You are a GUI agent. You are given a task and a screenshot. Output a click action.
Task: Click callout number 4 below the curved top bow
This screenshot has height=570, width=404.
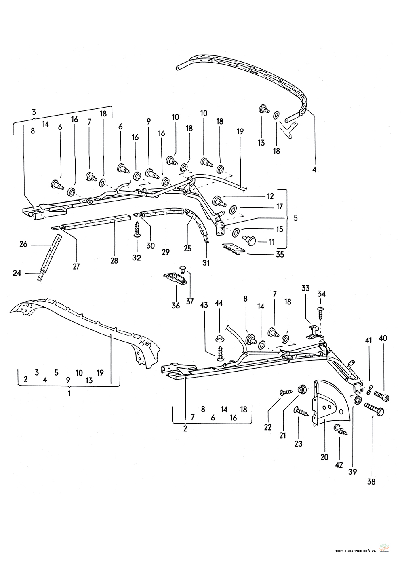pyautogui.click(x=314, y=169)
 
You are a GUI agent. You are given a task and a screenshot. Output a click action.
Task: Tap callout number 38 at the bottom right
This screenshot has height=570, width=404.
pyautogui.click(x=372, y=481)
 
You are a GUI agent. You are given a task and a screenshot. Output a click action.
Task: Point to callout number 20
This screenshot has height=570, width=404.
pyautogui.click(x=324, y=457)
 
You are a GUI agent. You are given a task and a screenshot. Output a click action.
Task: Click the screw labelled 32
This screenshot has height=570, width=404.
pyautogui.click(x=137, y=230)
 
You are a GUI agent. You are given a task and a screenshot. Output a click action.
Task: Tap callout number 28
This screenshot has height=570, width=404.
pyautogui.click(x=114, y=261)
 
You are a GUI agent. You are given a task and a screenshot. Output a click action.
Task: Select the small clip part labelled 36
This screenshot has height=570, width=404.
pyautogui.click(x=174, y=279)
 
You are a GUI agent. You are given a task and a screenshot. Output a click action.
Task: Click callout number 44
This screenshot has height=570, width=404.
pyautogui.click(x=219, y=303)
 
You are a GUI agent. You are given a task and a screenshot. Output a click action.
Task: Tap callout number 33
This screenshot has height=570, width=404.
pyautogui.click(x=305, y=288)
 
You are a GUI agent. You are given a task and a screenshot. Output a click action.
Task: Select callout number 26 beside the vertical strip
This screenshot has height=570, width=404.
pyautogui.click(x=23, y=244)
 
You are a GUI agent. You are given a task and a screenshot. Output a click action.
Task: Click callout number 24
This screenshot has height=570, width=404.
pyautogui.click(x=17, y=273)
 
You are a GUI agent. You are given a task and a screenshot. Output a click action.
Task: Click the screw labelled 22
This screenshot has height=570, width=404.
pyautogui.click(x=286, y=393)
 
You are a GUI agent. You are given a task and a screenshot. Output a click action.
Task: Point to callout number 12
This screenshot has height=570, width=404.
pyautogui.click(x=270, y=196)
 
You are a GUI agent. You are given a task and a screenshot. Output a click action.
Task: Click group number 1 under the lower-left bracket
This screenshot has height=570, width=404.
pyautogui.click(x=69, y=393)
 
